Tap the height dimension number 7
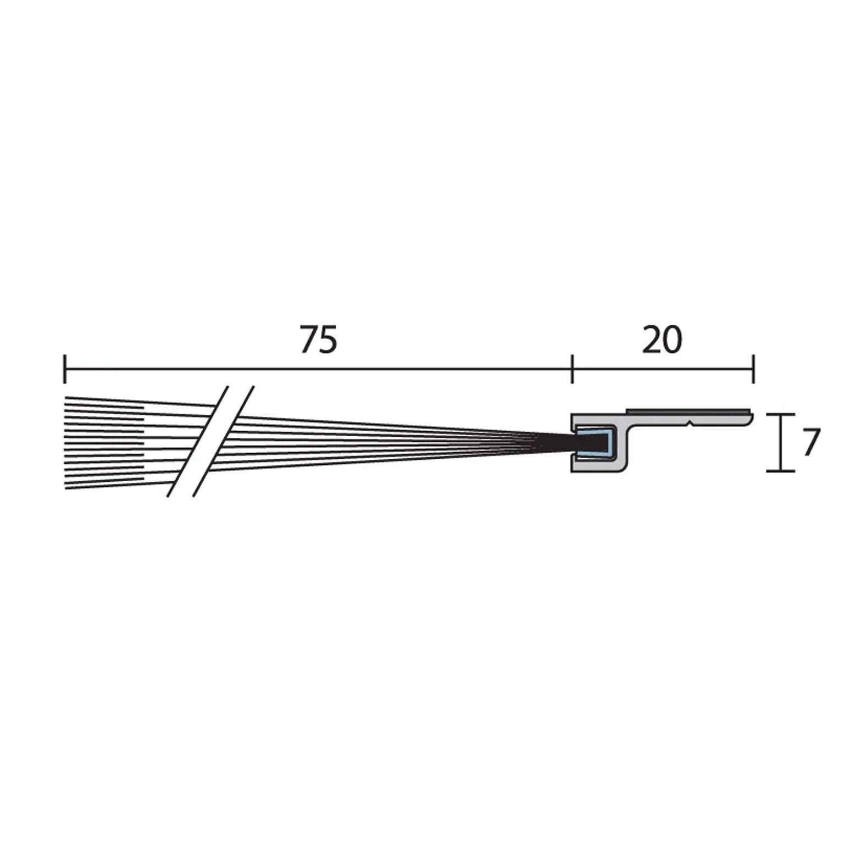tap(811, 442)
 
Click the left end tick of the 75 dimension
tap(65, 369)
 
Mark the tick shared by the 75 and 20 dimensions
tap(573, 369)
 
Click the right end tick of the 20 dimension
tap(753, 369)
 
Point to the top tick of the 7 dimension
tap(781, 414)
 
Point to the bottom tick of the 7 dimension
tap(781, 471)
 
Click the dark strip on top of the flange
tap(687, 411)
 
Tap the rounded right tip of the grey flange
tap(749, 419)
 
